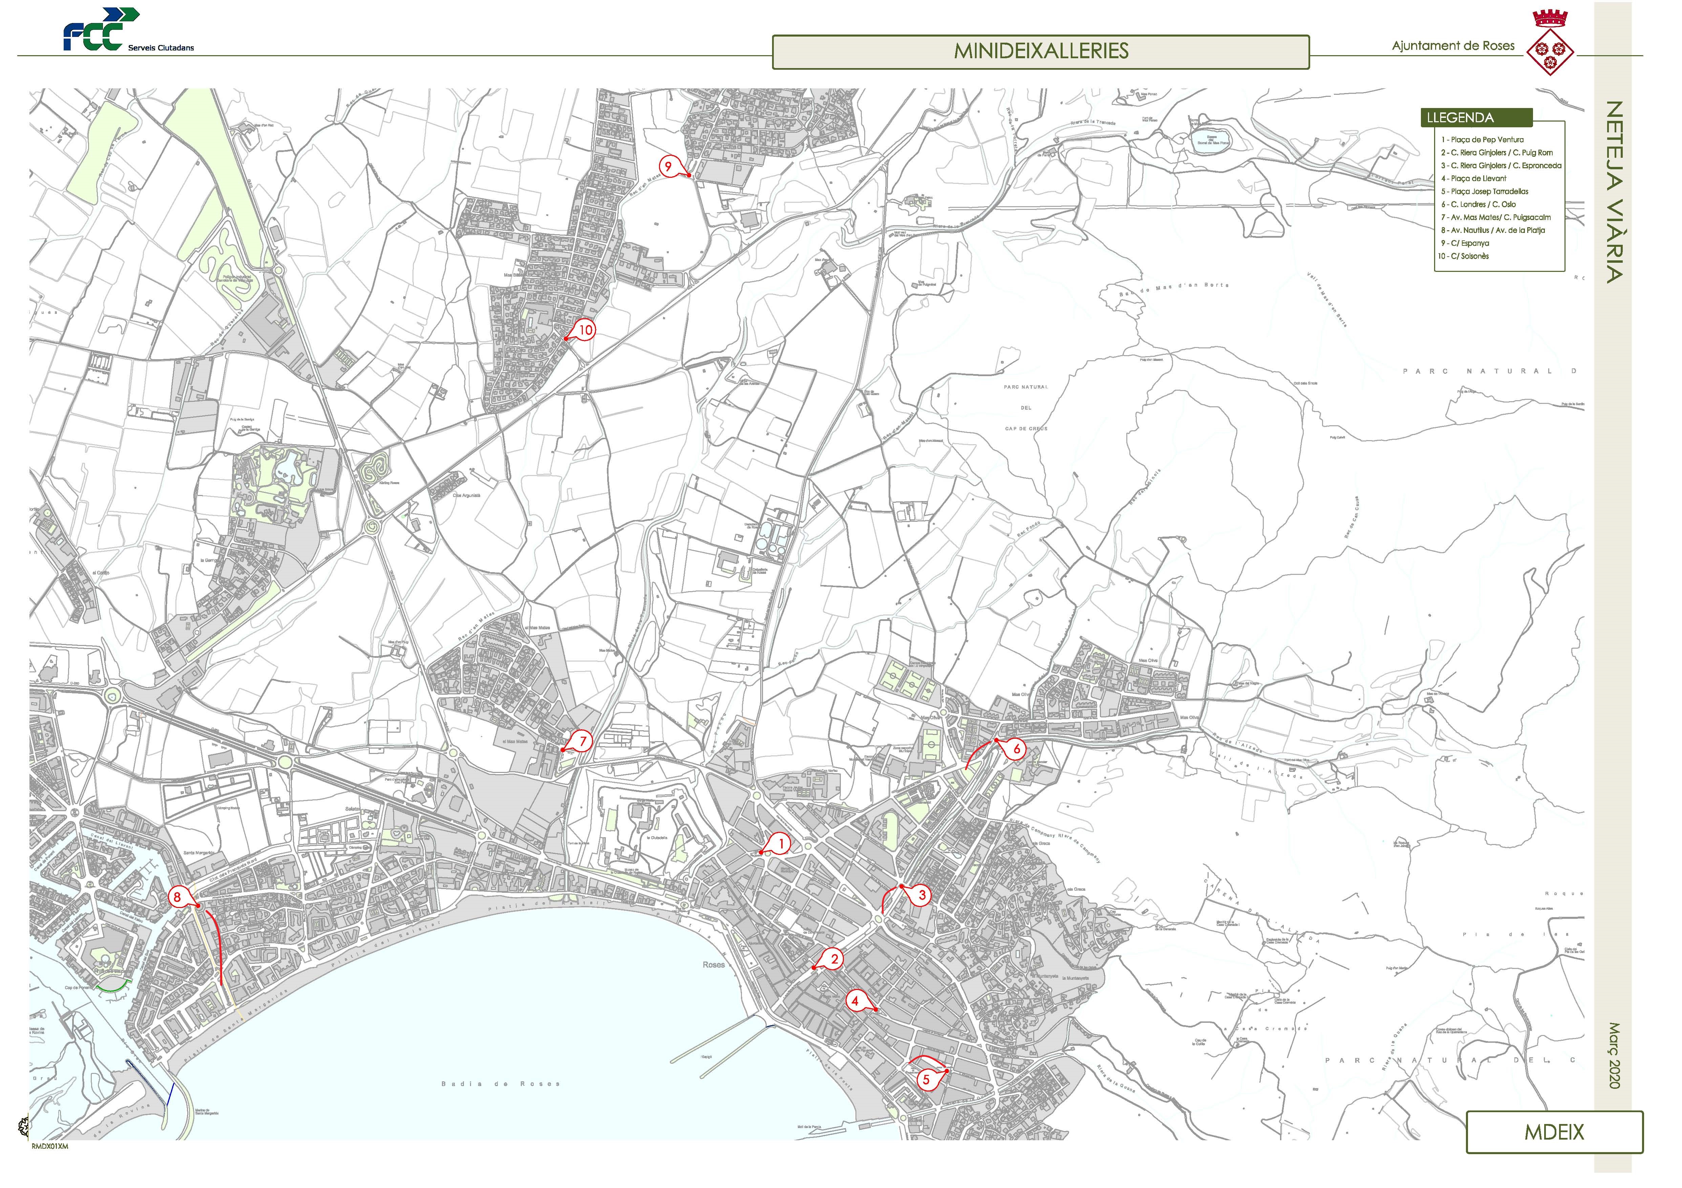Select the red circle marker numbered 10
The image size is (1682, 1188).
pyautogui.click(x=585, y=330)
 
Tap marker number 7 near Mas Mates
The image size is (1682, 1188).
pyautogui.click(x=582, y=741)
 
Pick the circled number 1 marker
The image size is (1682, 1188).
pyautogui.click(x=781, y=844)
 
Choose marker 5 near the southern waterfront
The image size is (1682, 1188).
pyautogui.click(x=926, y=1080)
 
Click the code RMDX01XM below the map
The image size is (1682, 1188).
pyautogui.click(x=50, y=1147)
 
